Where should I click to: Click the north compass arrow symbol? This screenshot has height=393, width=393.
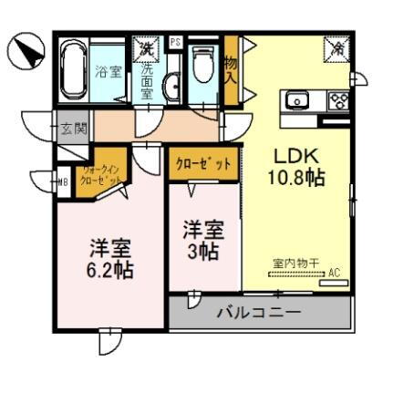[26, 51]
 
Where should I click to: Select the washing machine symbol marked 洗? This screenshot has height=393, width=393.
[145, 47]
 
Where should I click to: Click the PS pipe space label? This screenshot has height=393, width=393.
[174, 42]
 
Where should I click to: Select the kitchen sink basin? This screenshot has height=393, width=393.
[300, 99]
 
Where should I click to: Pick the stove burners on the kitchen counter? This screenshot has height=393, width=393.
[339, 100]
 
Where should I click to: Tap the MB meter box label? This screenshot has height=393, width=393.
[63, 180]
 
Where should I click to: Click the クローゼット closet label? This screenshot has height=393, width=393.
[203, 163]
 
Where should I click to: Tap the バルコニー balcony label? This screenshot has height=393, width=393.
[259, 313]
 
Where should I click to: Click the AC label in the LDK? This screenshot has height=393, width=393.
[334, 273]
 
